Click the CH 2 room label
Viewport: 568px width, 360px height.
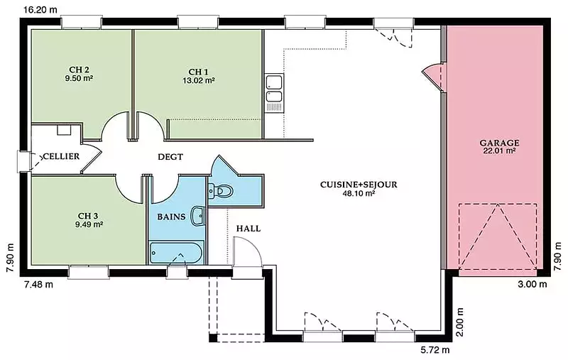click(79, 70)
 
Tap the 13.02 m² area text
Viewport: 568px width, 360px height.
click(199, 80)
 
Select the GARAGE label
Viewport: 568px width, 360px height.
click(499, 143)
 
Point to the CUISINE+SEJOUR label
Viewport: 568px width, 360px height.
click(359, 185)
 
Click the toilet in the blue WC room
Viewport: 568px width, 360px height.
click(220, 190)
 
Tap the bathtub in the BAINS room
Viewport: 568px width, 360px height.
click(176, 253)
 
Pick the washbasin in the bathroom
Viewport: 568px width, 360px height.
click(198, 217)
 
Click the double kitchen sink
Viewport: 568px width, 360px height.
click(274, 93)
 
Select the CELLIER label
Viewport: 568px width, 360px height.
click(61, 156)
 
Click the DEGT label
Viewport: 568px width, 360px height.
click(170, 157)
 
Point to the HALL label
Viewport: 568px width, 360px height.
click(248, 229)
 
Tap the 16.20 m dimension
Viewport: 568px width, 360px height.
click(40, 10)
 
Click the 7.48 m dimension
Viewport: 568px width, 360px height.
click(38, 284)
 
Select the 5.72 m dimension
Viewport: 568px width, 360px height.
click(435, 350)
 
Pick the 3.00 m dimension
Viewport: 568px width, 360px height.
click(532, 284)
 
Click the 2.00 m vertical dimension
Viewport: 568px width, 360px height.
click(459, 322)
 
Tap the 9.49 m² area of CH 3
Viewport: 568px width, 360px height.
click(89, 224)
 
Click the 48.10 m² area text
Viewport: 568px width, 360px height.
click(359, 193)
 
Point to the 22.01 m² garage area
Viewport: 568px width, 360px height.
click(499, 151)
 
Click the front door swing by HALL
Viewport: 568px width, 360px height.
click(247, 251)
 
